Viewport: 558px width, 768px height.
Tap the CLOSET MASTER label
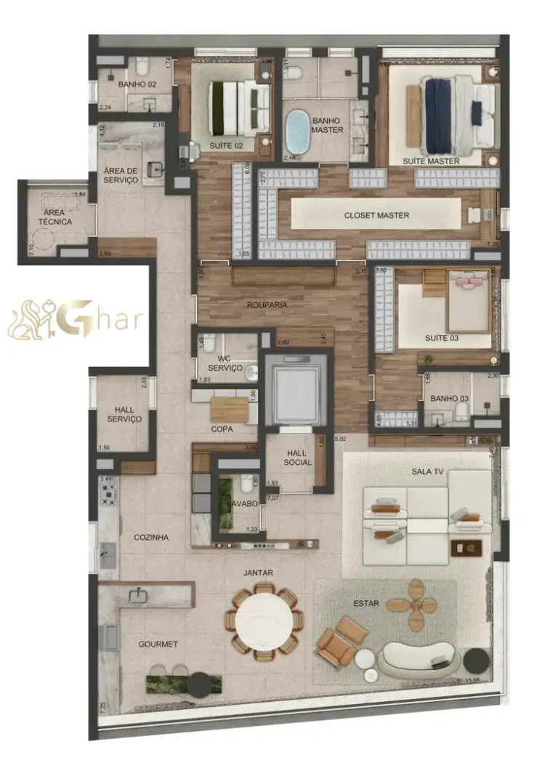pyautogui.click(x=376, y=215)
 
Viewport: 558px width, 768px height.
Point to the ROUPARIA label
pyautogui.click(x=266, y=305)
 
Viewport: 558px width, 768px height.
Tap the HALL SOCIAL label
pyautogui.click(x=297, y=458)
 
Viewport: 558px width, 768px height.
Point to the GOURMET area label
pyautogui.click(x=158, y=644)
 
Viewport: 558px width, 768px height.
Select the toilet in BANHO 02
pyautogui.click(x=142, y=69)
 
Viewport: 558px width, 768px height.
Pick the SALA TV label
pyautogui.click(x=427, y=472)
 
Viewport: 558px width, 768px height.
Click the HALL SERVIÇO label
pyautogui.click(x=124, y=414)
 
